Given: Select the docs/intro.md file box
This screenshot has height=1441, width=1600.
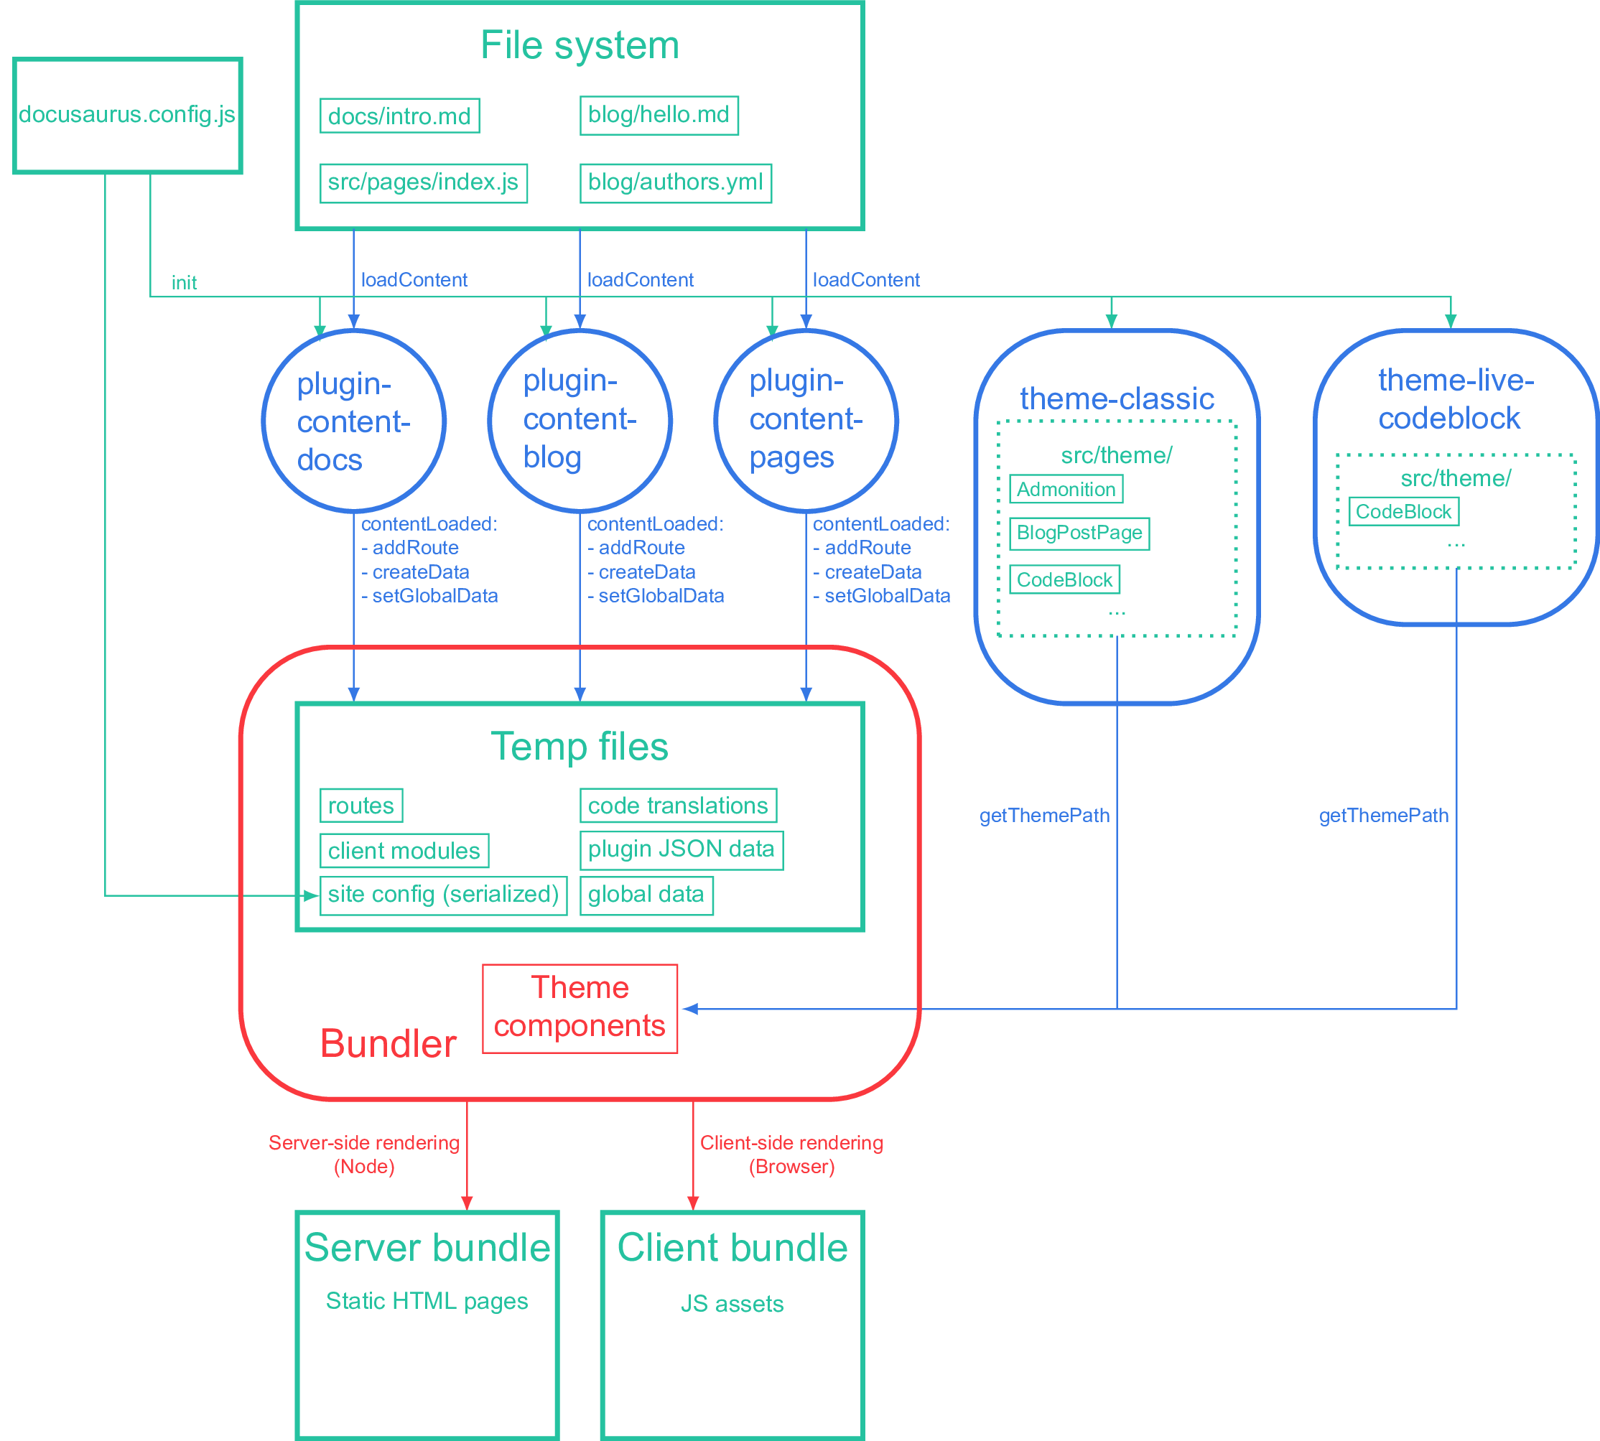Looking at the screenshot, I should (399, 116).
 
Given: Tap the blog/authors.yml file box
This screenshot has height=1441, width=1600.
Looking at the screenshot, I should (675, 183).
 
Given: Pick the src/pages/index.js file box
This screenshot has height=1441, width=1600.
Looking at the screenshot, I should (423, 183).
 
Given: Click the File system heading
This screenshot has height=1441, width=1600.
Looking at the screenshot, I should (579, 46).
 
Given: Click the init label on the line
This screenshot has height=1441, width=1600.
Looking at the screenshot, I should (184, 283).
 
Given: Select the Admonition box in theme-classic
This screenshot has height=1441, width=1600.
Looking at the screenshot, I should (1065, 489).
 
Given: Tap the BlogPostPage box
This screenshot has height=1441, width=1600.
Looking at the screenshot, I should (1079, 533).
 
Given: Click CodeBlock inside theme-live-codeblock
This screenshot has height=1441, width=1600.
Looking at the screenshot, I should (1403, 511).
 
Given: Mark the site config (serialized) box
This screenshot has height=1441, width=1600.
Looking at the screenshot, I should (443, 895).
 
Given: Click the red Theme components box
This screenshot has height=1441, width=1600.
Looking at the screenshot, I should (580, 1008).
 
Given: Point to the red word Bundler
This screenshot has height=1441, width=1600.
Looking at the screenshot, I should (388, 1043).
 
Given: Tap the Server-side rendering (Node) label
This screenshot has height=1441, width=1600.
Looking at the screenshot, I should (363, 1155).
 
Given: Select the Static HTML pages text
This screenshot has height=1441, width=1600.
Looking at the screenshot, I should (427, 1301).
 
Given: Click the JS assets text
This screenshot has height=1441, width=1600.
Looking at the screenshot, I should (732, 1303).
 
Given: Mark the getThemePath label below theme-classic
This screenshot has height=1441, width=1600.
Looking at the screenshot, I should (1044, 816).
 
